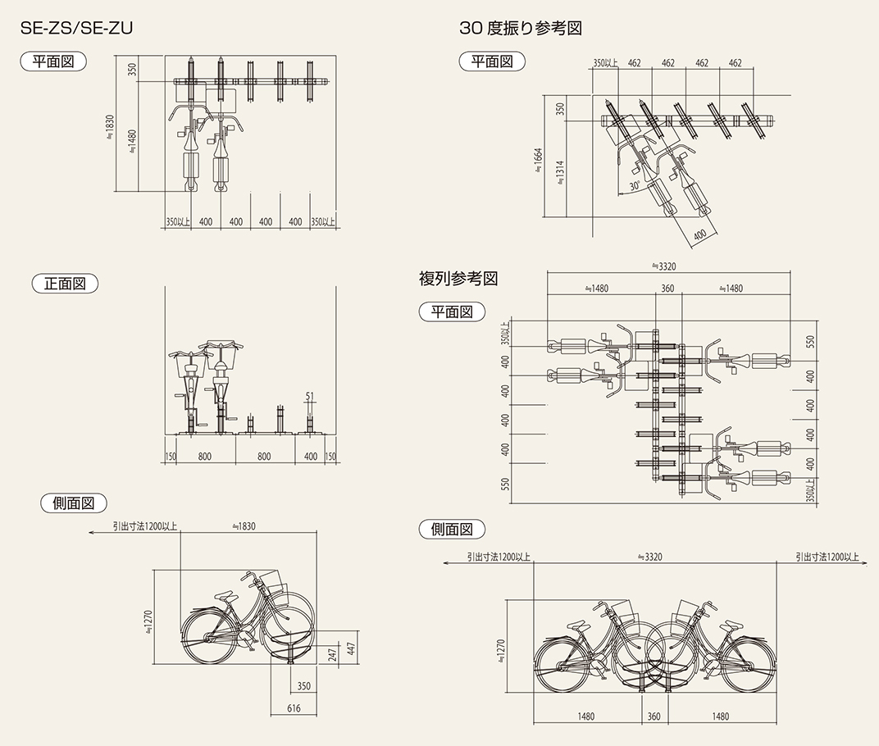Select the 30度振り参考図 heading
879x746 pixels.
[x=521, y=28]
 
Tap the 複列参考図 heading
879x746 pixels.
[x=458, y=278]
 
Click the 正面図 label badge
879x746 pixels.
[x=65, y=284]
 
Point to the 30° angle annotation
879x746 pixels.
[x=635, y=186]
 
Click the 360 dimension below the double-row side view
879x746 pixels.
[x=654, y=716]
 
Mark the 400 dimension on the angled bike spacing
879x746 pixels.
[x=699, y=235]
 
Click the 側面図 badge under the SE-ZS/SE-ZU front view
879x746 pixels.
[x=74, y=503]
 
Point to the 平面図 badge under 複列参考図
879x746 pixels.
[x=452, y=312]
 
